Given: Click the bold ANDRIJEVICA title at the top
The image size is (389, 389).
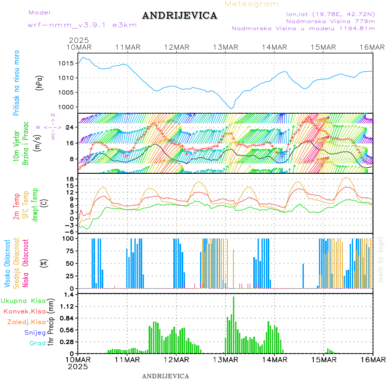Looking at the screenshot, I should coord(179,16).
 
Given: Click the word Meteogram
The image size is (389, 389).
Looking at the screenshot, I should coord(252,4).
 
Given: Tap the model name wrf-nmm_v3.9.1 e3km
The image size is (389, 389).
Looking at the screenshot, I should coord(82,25).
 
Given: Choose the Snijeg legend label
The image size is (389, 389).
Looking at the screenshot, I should coord(35,332).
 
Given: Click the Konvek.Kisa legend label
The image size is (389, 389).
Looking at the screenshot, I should coord(24,311).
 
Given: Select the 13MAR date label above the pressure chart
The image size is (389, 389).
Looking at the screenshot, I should coord(225,47).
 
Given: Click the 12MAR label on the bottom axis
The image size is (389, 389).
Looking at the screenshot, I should coord(176,360).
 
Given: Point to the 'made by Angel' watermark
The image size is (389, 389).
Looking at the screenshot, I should coord(381,259).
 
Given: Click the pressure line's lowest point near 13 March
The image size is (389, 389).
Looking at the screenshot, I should coord(232,108).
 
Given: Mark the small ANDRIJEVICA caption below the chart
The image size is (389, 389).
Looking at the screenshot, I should coord(166,376).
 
